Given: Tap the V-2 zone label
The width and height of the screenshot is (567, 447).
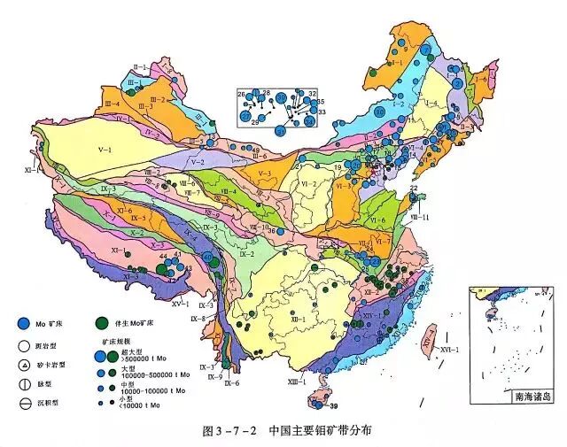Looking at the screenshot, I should click(x=197, y=162).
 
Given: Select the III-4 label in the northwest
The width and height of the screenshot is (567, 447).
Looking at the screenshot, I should click(x=113, y=104).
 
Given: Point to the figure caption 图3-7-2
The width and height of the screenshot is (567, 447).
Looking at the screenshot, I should click(x=222, y=432).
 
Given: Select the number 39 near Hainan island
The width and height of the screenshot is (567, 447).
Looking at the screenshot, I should click(x=334, y=405).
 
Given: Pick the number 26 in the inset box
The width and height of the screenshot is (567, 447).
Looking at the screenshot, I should click(x=241, y=94).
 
